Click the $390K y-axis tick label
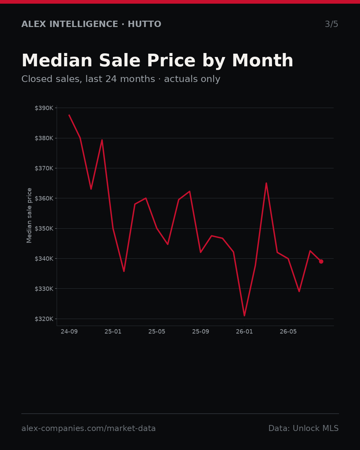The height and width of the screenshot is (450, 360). click(x=44, y=108)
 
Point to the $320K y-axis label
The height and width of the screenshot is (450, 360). click(x=44, y=319)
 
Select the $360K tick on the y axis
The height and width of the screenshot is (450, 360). click(x=44, y=198)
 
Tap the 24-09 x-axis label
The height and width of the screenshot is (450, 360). click(x=69, y=332)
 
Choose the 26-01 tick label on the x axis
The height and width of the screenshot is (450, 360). click(x=244, y=332)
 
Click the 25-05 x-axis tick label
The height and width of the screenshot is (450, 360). click(x=157, y=332)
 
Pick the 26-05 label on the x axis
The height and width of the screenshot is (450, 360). click(x=288, y=332)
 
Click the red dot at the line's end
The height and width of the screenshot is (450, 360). click(x=321, y=261)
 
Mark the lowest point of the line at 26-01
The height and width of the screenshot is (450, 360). click(x=244, y=316)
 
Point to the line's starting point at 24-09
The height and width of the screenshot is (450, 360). click(x=69, y=115)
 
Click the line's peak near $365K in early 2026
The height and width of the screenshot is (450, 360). click(x=266, y=183)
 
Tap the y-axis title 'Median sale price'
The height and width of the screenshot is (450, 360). click(x=29, y=215)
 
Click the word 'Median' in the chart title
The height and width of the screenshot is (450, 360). click(x=57, y=60)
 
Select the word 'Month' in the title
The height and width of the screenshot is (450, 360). click(x=263, y=60)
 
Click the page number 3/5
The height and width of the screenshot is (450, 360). click(x=332, y=24)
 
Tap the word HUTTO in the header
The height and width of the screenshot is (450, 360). click(x=145, y=24)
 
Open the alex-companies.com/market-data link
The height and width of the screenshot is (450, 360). click(x=88, y=428)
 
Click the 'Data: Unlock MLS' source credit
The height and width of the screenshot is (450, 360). click(x=304, y=428)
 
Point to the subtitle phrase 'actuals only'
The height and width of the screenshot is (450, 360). click(x=192, y=79)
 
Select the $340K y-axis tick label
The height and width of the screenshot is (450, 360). click(x=44, y=259)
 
